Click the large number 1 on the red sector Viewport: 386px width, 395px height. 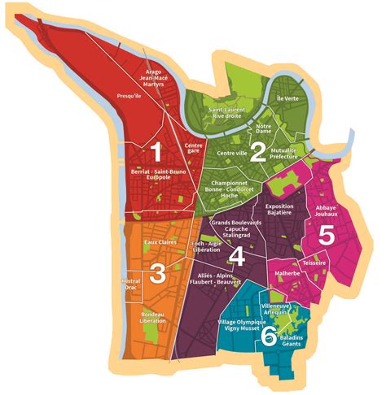(x=156, y=152)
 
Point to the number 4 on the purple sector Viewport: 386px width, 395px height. (x=237, y=257)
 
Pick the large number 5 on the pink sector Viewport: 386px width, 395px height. (x=326, y=236)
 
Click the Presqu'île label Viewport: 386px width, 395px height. (x=130, y=95)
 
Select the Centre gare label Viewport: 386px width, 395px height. (x=194, y=148)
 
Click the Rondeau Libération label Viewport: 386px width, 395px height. (x=153, y=318)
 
